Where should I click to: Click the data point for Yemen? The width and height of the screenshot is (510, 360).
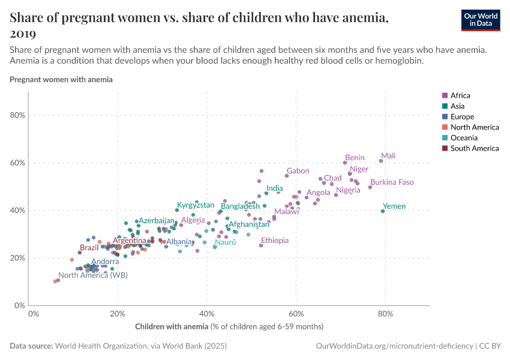pyautogui.click(x=383, y=211)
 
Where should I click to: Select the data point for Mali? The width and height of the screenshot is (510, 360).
pyautogui.click(x=381, y=161)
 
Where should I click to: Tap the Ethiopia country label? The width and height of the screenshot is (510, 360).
pyautogui.click(x=274, y=240)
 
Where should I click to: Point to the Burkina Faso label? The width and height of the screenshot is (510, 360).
pyautogui.click(x=391, y=182)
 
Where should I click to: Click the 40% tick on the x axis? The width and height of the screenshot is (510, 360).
pyautogui.click(x=207, y=314)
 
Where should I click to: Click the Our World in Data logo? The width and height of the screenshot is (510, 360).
pyautogui.click(x=481, y=20)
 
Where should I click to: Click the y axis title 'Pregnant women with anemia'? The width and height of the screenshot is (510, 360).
pyautogui.click(x=61, y=79)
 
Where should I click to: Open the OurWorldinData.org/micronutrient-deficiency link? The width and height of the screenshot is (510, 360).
pyautogui.click(x=394, y=347)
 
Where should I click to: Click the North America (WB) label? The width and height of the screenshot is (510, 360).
pyautogui.click(x=92, y=275)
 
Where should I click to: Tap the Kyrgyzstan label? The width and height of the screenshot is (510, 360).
pyautogui.click(x=196, y=205)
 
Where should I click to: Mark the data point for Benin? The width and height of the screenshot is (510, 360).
pyautogui.click(x=345, y=163)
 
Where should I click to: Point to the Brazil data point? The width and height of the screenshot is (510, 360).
pyautogui.click(x=80, y=253)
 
